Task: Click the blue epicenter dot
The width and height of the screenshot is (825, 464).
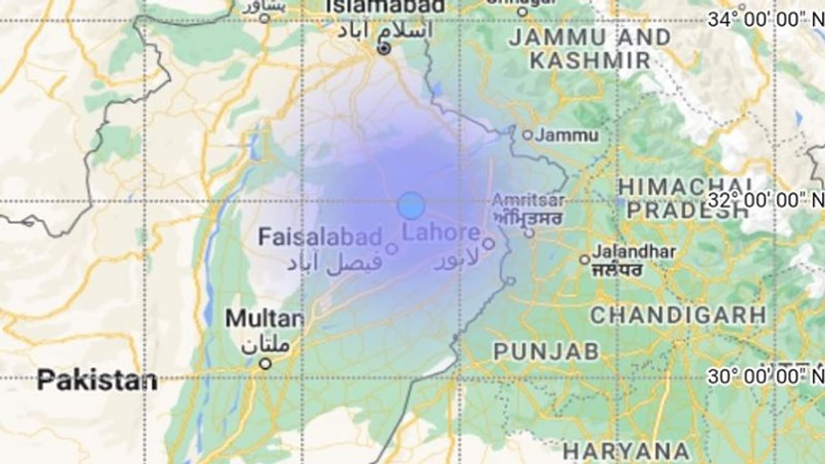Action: [x=411, y=206]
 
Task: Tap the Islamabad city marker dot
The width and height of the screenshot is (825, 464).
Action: [x=385, y=49]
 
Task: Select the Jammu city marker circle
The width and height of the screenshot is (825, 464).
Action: [x=527, y=135]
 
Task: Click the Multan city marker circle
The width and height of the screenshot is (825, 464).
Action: [x=265, y=364]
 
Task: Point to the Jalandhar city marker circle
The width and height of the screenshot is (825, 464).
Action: [x=585, y=260]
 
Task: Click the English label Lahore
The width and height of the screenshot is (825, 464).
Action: [x=442, y=233]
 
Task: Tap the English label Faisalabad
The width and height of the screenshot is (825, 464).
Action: [x=320, y=237]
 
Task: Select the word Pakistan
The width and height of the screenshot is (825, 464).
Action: [x=97, y=380]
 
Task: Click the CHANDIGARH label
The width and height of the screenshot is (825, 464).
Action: [x=678, y=315]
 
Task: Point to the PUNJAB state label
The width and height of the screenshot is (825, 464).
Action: [x=547, y=351]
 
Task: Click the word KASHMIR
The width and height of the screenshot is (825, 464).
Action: [x=590, y=61]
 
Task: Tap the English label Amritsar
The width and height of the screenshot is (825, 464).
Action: [x=529, y=200]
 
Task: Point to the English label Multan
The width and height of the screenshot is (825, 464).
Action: [x=264, y=318]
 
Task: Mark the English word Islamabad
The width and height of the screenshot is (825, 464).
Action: [x=385, y=6]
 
